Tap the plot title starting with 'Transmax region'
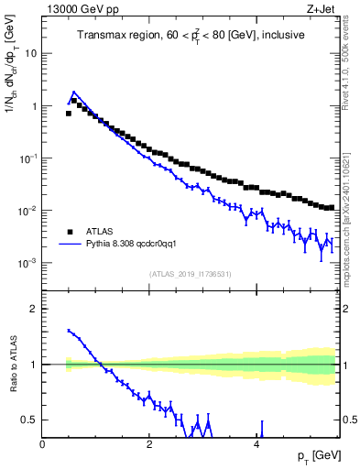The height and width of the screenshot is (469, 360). point(191,37)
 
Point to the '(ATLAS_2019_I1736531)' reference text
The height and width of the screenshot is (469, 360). point(191,274)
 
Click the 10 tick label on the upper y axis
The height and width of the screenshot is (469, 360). point(31,53)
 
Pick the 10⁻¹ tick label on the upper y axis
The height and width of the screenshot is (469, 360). point(27,158)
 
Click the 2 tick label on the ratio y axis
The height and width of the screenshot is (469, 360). point(34,309)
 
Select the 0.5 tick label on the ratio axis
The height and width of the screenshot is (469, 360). point(29,420)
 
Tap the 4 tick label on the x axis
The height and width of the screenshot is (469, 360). point(257,444)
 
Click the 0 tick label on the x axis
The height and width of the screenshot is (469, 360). point(43,444)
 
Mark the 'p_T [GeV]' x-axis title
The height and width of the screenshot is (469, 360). point(317,456)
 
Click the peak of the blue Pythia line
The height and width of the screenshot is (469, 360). point(73,93)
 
